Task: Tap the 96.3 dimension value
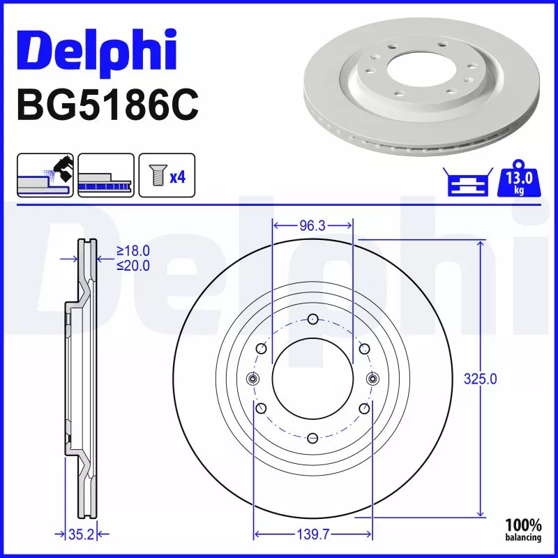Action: (313, 226)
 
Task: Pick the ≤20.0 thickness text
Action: (133, 265)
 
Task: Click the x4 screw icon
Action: (167, 175)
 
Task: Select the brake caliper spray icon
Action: (45, 175)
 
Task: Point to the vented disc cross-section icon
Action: (105, 175)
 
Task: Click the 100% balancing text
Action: (523, 530)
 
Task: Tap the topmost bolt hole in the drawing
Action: (313, 320)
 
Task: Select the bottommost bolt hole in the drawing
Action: (313, 438)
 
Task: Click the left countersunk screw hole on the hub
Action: (253, 379)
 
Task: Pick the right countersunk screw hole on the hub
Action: (372, 379)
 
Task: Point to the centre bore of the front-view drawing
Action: (312, 379)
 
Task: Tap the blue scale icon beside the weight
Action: (463, 183)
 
